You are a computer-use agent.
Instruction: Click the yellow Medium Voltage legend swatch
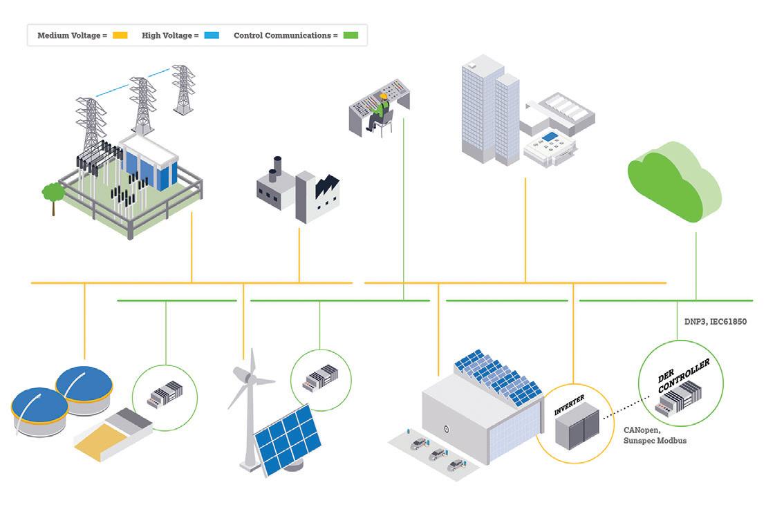tap(120, 35)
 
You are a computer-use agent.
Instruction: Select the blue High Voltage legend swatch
tap(211, 35)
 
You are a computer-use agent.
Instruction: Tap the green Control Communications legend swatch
tap(351, 35)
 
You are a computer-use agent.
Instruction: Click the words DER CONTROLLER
tap(683, 376)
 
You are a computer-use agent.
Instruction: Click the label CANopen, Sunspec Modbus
tap(654, 435)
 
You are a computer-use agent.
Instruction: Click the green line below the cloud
tap(696, 262)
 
